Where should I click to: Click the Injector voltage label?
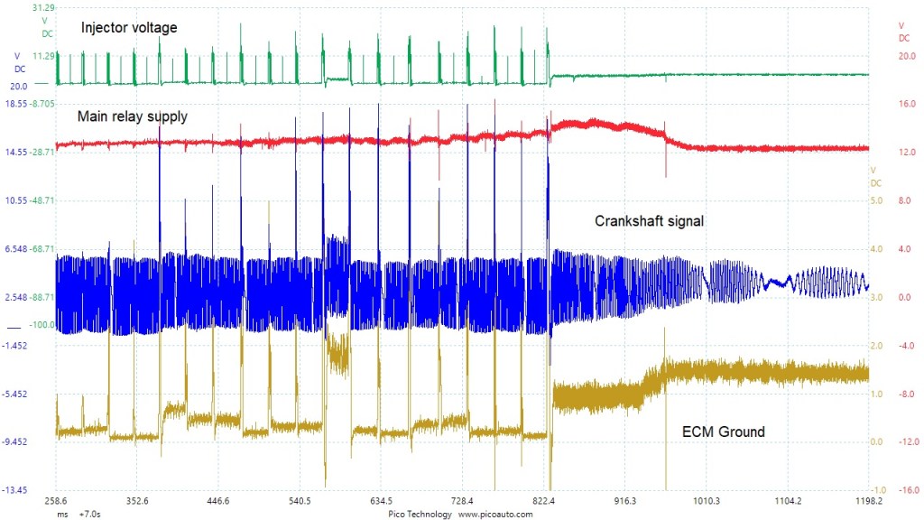click(x=129, y=28)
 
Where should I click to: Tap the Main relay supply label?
click(x=133, y=116)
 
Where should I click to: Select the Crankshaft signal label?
click(x=649, y=220)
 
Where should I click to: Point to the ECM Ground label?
click(x=723, y=432)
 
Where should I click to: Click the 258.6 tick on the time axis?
click(x=56, y=500)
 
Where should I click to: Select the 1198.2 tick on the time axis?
click(x=868, y=500)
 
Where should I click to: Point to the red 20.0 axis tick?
click(x=907, y=56)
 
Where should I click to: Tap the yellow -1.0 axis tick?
click(x=879, y=490)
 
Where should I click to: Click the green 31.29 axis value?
click(x=43, y=7)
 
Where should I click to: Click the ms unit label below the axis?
click(x=62, y=514)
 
